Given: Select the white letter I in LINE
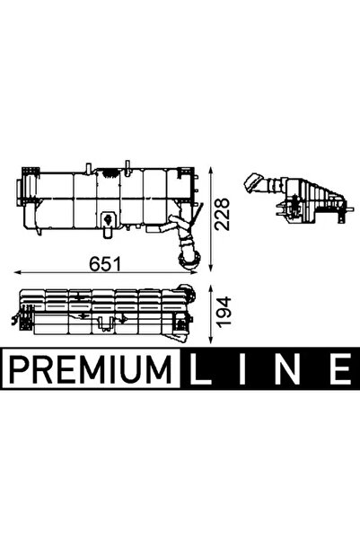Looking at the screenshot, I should click(245, 367).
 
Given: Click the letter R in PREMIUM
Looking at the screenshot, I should click(44, 367).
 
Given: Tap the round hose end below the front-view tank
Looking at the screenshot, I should click(189, 260).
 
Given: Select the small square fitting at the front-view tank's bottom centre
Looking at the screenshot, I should click(109, 218).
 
